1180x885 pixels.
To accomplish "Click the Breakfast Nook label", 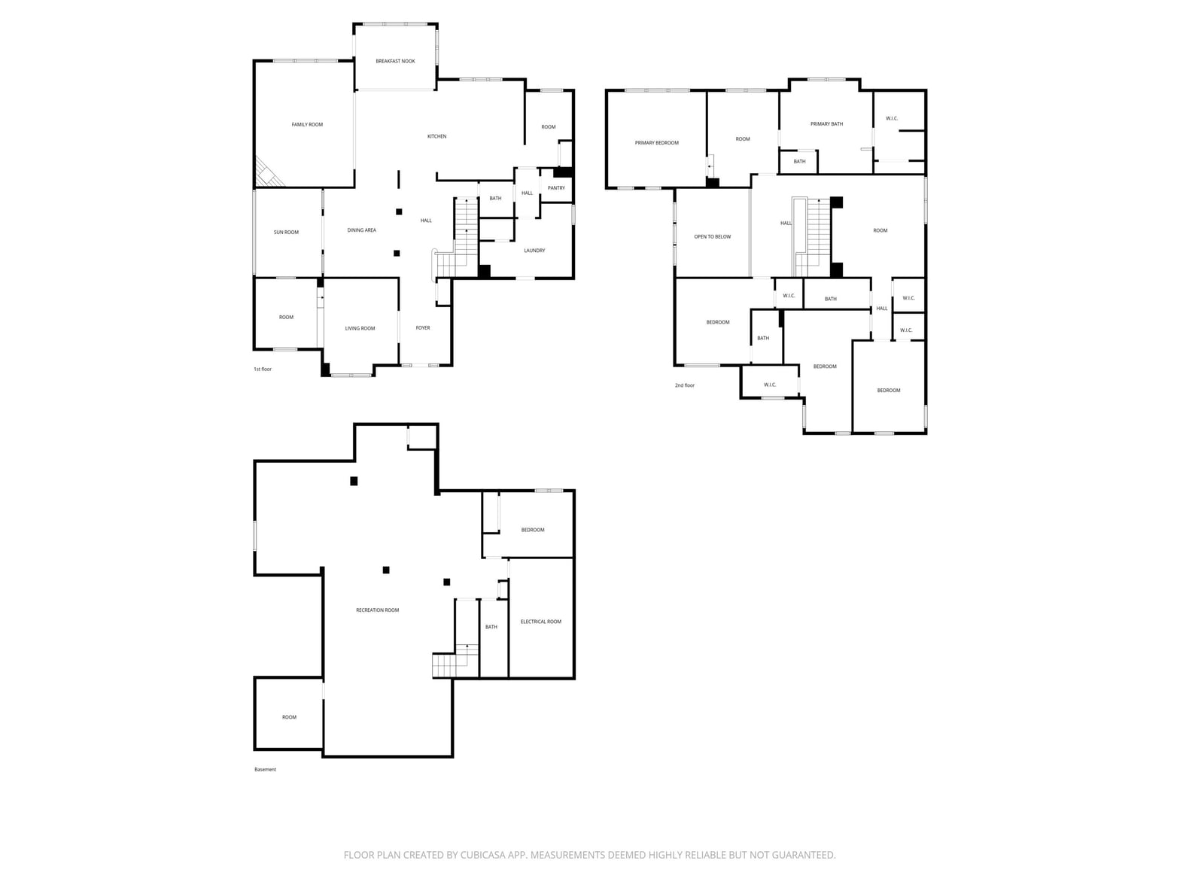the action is tap(395, 61).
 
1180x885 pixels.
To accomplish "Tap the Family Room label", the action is tap(307, 125).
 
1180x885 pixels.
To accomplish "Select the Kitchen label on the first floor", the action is tap(436, 136).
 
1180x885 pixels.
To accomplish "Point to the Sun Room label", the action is tap(286, 232).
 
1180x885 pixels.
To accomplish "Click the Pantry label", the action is tap(556, 188).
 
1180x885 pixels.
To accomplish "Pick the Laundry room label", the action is tap(534, 251).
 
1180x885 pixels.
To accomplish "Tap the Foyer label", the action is tap(422, 328).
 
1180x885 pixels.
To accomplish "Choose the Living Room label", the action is tap(360, 328).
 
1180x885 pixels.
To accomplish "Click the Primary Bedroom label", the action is tap(656, 143).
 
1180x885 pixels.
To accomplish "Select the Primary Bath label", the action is tap(826, 124).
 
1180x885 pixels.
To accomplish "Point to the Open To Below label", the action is tap(713, 236).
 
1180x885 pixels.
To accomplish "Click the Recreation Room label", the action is tap(377, 610).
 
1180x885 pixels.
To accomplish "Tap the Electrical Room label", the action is tap(541, 622).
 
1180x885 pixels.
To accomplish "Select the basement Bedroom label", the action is tap(533, 530).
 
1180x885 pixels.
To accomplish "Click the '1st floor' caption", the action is tap(263, 370).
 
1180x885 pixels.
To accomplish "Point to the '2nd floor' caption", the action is tap(685, 385).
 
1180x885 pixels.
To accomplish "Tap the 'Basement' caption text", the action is tap(265, 769).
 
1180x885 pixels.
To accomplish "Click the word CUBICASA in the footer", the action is tap(482, 855).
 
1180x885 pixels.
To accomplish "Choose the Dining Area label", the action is tap(361, 230).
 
